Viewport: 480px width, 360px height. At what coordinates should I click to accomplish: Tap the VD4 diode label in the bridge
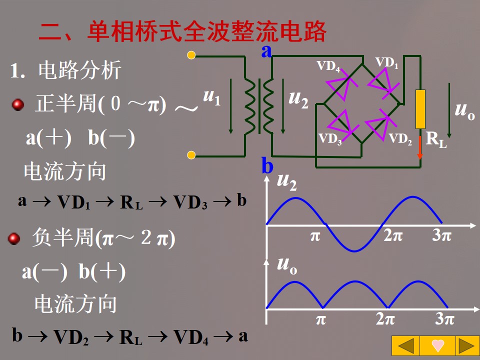coord(328,66)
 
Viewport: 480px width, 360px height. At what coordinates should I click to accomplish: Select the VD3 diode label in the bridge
coord(330,138)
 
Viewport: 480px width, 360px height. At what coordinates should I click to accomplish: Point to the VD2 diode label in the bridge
coord(400,138)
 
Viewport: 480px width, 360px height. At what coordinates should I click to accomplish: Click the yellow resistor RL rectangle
coord(420,109)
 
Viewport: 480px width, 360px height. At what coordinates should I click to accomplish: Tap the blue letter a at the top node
coord(267,50)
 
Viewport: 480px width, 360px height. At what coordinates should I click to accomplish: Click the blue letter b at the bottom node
coord(267,165)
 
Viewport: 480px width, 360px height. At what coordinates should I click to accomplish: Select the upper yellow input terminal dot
coord(191,55)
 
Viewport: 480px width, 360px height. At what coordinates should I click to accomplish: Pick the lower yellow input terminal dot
coord(191,155)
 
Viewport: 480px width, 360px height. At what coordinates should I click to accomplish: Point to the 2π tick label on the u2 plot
coord(393,235)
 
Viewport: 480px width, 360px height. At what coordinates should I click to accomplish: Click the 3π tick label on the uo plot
coord(444,319)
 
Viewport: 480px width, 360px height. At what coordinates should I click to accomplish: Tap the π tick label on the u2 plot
coord(314,235)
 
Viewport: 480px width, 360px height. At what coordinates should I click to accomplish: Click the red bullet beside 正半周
coord(18,105)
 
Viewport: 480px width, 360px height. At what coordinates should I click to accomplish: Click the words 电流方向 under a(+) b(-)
coord(65,171)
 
